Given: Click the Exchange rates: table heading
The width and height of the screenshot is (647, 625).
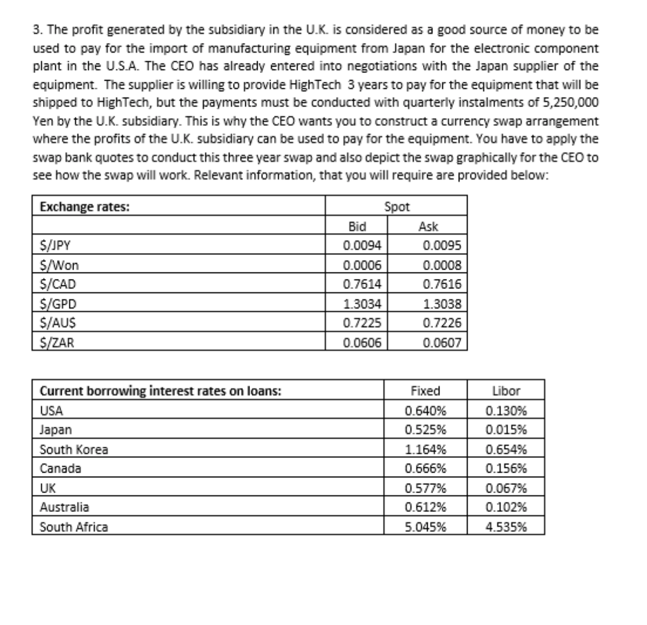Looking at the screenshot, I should (x=85, y=207).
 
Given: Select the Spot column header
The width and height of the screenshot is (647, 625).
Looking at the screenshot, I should (x=396, y=207).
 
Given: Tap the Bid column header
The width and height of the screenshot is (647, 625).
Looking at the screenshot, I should (x=358, y=227).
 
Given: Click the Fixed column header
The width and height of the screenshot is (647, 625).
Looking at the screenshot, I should (x=425, y=391).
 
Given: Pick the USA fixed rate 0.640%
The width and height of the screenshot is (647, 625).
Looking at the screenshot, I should (x=425, y=411).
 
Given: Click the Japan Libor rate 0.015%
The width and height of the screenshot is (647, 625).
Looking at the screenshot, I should (x=506, y=430).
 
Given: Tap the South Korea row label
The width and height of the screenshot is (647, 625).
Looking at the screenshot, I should (x=74, y=450).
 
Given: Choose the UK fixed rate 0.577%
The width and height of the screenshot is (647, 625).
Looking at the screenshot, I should (x=425, y=488).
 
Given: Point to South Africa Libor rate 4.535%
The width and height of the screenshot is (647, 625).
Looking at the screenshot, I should (x=506, y=527).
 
